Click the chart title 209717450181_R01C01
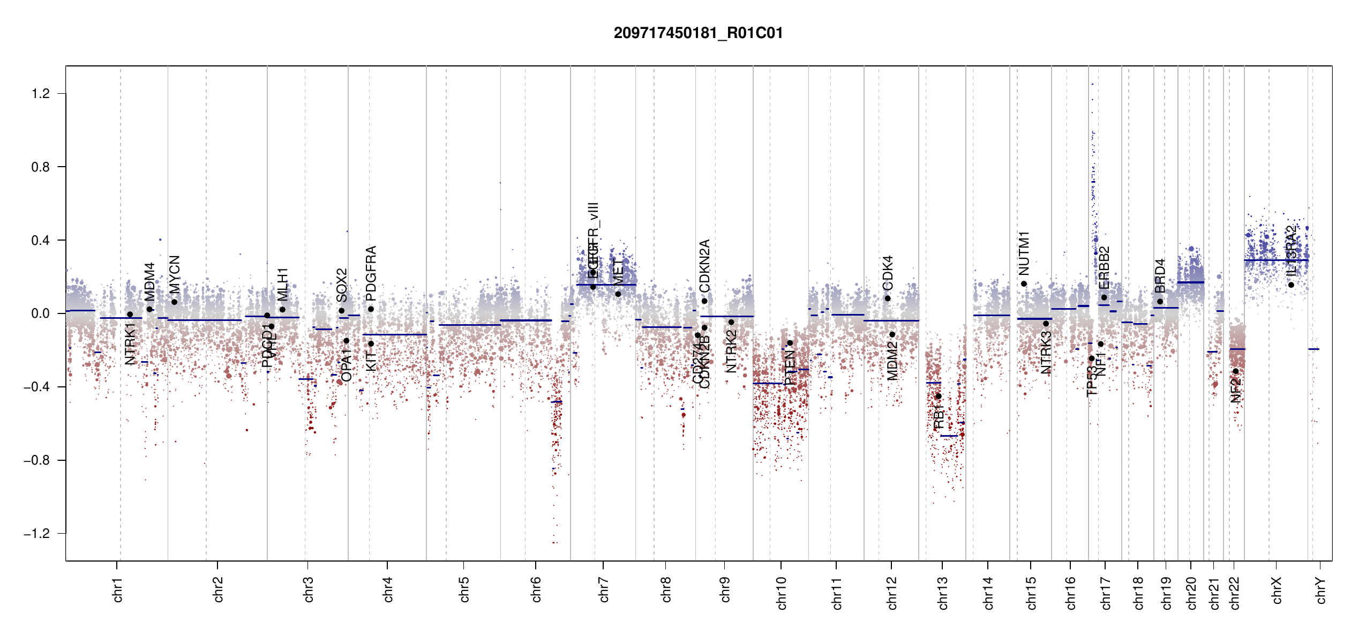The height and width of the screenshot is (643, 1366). tap(698, 33)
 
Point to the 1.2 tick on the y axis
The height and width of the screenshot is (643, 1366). tap(41, 94)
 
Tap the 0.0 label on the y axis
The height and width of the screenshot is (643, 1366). tap(41, 313)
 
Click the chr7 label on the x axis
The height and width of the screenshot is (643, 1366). tap(604, 589)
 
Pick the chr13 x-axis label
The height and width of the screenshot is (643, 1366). tap(942, 593)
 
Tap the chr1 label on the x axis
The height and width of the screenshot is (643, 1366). tap(118, 589)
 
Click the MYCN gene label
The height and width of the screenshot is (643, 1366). tap(175, 274)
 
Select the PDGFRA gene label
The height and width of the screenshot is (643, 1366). tap(371, 273)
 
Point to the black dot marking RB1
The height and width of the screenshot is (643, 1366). tap(939, 397)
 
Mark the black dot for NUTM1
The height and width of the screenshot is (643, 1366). tap(1024, 284)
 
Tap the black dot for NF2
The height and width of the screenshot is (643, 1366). tap(1235, 371)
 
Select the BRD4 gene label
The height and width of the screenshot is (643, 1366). tap(1160, 276)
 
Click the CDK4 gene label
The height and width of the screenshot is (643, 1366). tap(888, 273)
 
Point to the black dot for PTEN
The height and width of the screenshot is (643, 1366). tap(790, 343)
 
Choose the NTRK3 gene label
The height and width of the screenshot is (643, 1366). tap(1046, 353)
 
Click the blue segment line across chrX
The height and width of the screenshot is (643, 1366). tap(1275, 260)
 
